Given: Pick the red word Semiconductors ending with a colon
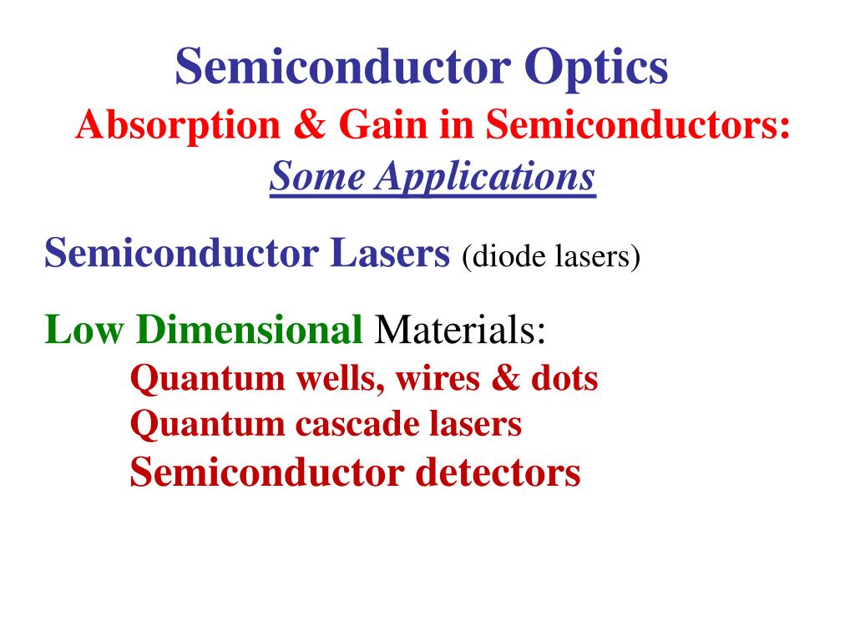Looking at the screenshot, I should coord(638,126).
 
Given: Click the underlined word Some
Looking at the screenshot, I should coord(317,176).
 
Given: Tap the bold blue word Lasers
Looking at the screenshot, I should coord(390,251).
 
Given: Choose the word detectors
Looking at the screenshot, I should coord(498,472).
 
